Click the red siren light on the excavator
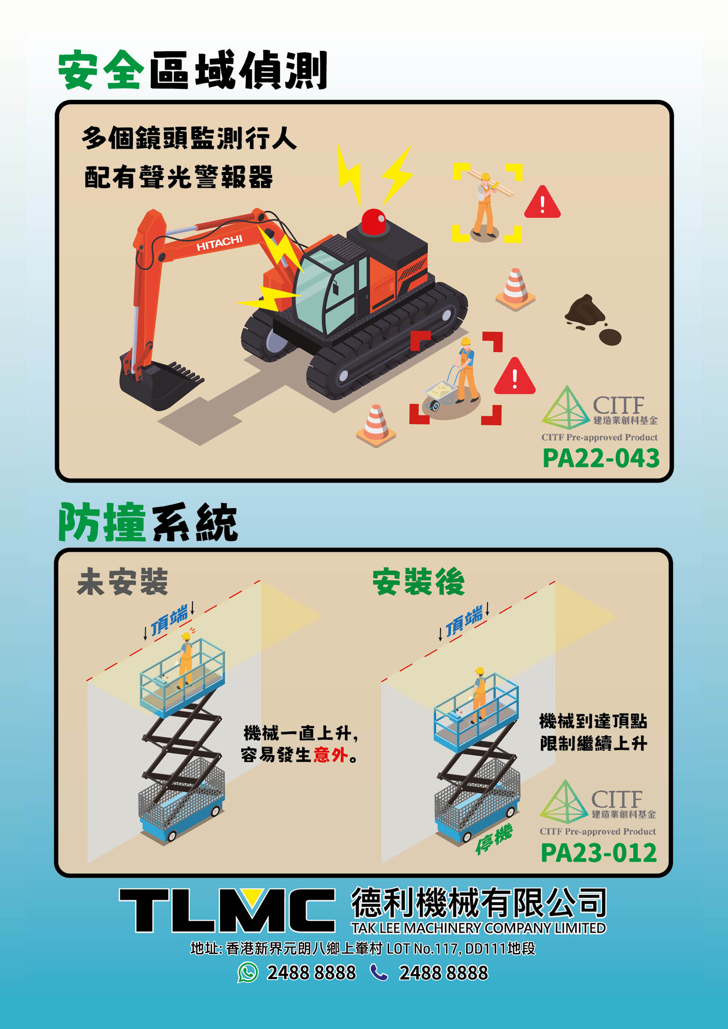373,221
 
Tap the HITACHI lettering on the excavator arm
219,242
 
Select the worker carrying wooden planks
487,204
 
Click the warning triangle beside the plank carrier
542,202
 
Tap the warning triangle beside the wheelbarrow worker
515,377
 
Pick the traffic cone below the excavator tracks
376,425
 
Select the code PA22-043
601,458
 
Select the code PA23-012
599,853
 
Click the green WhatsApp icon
248,973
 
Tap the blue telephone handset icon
379,973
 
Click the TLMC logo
227,911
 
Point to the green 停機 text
493,839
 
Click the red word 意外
331,755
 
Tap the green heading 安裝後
418,582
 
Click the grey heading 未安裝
122,581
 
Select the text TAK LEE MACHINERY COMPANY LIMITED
478,928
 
